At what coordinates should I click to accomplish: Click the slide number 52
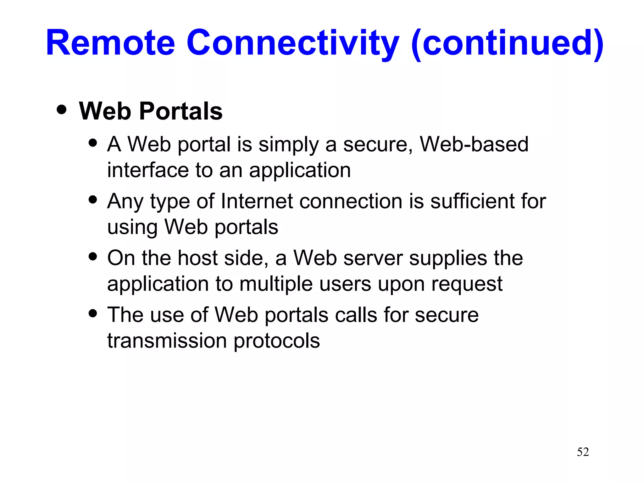pos(583,452)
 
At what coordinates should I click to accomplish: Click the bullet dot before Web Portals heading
pos(62,109)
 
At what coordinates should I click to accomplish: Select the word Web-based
pos(474,144)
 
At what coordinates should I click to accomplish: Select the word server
pos(373,258)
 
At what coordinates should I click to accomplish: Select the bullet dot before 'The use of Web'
pos(93,313)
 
